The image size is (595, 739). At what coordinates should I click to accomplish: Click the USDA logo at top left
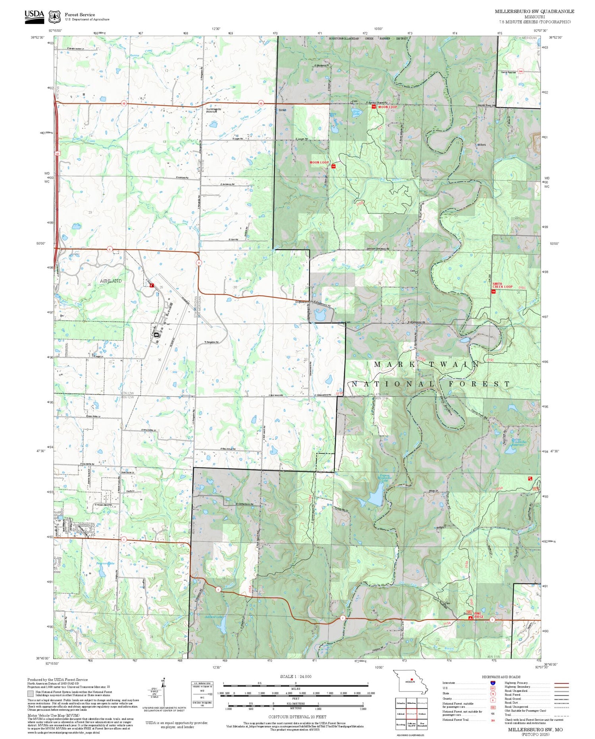tap(35, 16)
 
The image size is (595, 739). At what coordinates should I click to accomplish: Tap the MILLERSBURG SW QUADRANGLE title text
tap(534, 12)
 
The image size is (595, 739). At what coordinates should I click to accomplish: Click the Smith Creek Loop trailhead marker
tap(493, 292)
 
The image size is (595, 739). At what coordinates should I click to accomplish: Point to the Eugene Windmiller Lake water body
tap(376, 498)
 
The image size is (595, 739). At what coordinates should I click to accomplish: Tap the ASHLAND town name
tap(111, 281)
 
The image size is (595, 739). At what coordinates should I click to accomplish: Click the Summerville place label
tap(213, 109)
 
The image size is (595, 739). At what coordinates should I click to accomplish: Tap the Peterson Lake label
tap(105, 563)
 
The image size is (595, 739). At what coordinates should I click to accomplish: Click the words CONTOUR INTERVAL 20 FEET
tap(297, 717)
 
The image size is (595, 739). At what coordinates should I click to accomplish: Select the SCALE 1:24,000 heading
tap(296, 676)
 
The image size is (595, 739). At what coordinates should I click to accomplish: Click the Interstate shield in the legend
tap(493, 683)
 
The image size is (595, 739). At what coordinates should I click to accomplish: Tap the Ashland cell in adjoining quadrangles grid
tap(401, 713)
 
